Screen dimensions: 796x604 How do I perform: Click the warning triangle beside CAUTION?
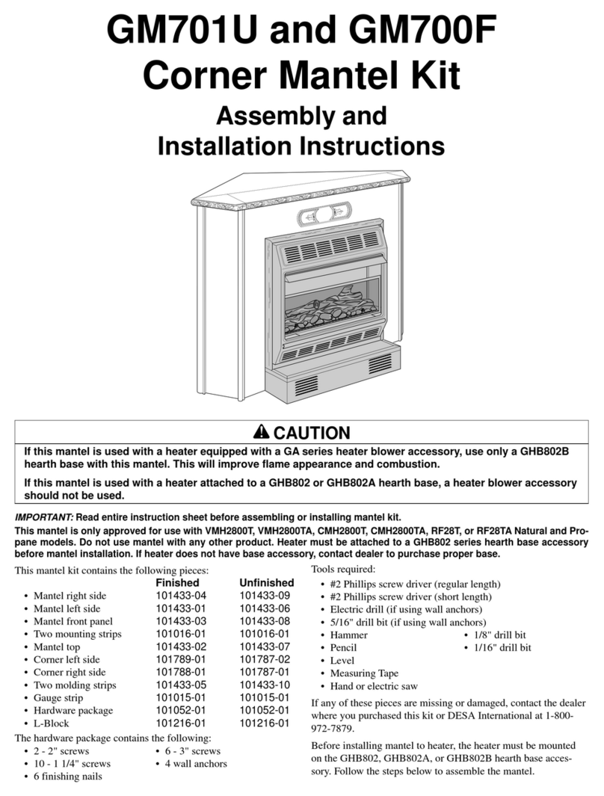click(x=261, y=433)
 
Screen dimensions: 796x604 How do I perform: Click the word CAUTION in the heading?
click(x=312, y=433)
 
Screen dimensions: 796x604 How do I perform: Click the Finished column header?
click(x=176, y=582)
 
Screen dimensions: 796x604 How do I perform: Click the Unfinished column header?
click(x=266, y=582)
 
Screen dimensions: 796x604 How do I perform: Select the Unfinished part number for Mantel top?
click(x=264, y=647)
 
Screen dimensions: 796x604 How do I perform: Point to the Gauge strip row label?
click(x=58, y=697)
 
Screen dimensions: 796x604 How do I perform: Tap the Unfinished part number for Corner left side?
click(x=264, y=659)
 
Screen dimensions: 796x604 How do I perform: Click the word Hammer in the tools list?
click(x=348, y=635)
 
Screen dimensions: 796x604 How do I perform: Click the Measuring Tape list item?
click(x=364, y=673)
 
